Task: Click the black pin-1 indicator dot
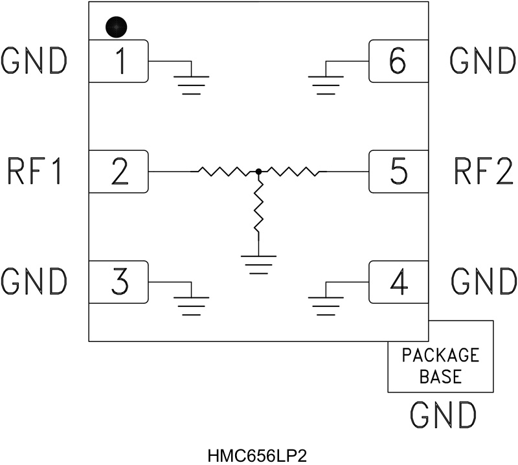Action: coord(116,27)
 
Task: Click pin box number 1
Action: coord(118,61)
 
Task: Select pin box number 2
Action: coord(118,172)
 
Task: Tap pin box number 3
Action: coord(118,282)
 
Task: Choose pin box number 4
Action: coord(398,282)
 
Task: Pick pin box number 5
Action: coord(398,172)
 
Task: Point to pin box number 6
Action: coord(398,61)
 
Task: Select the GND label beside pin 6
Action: coord(482,61)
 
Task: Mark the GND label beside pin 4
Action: coord(482,282)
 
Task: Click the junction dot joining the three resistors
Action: coord(258,172)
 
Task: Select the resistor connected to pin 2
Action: coord(223,172)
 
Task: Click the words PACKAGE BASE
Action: coord(440,366)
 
